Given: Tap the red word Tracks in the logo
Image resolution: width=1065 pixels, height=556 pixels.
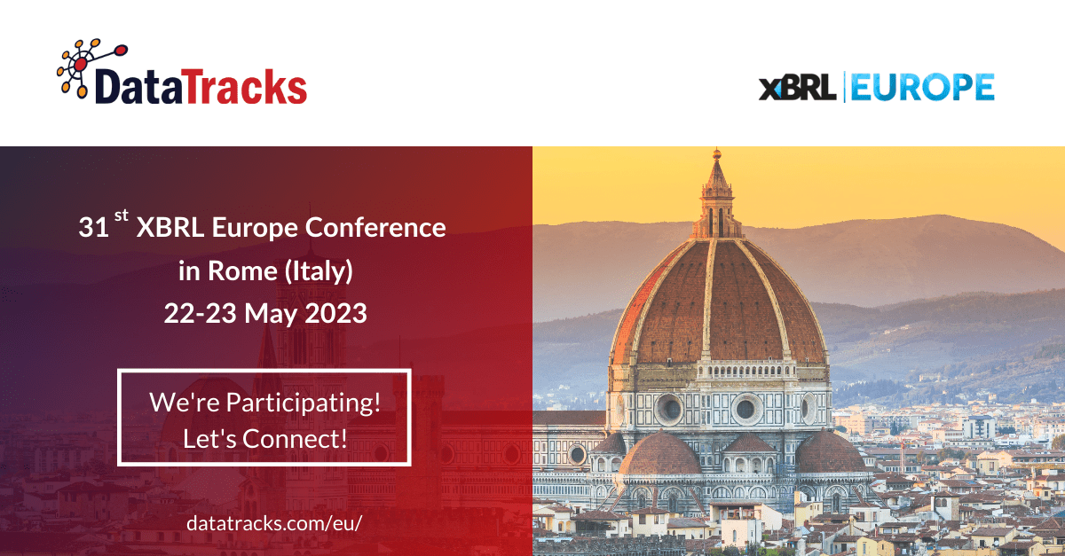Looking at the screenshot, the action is [x=244, y=87].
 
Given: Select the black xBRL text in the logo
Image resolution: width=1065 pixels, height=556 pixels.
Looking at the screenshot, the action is [x=797, y=87].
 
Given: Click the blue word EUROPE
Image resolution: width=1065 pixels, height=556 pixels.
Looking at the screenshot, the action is [x=922, y=87].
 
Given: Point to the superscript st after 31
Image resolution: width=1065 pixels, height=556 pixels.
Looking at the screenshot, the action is [x=122, y=215].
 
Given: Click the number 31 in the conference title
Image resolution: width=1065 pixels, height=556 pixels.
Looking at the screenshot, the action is [x=94, y=228].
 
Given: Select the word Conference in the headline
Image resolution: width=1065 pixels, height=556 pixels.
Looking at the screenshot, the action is [x=375, y=227].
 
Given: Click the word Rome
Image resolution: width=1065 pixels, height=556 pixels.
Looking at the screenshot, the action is [x=242, y=270].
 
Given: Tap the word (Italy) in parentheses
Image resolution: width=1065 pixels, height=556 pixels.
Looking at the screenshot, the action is [x=319, y=271].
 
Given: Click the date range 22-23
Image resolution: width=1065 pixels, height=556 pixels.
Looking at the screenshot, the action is [x=201, y=314].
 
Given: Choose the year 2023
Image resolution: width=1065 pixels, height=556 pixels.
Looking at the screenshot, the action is [x=335, y=314].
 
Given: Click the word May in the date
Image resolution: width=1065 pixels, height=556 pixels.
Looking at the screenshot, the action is [x=271, y=315].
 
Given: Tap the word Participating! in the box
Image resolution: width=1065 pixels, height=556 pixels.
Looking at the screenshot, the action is [x=303, y=403].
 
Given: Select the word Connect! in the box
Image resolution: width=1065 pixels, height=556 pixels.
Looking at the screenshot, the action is [x=295, y=439].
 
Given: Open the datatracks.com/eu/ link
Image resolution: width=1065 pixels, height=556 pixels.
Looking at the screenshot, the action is [x=274, y=523].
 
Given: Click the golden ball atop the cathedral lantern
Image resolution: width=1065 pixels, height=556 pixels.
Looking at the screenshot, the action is [x=716, y=154].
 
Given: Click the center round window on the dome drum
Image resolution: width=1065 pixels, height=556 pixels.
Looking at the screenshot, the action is [x=745, y=409].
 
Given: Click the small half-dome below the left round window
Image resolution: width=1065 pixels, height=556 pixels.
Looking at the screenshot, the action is [x=660, y=455].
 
